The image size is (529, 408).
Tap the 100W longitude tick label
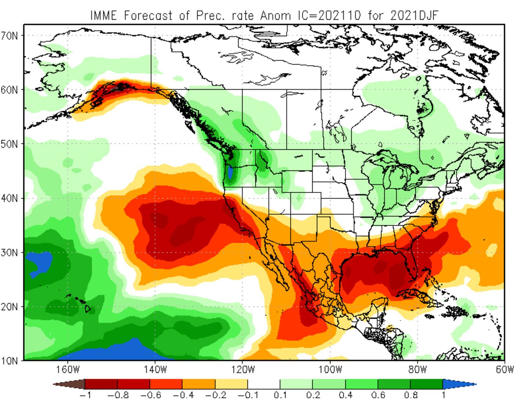(330, 369)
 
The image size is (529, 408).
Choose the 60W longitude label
(504, 369)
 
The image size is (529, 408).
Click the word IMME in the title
(104, 15)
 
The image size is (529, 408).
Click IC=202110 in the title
(328, 15)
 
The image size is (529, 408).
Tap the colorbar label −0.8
(118, 396)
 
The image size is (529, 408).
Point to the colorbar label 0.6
(378, 396)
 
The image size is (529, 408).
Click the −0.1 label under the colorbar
(248, 396)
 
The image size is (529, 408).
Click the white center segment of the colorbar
(264, 384)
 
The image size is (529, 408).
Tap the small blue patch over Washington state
(230, 172)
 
